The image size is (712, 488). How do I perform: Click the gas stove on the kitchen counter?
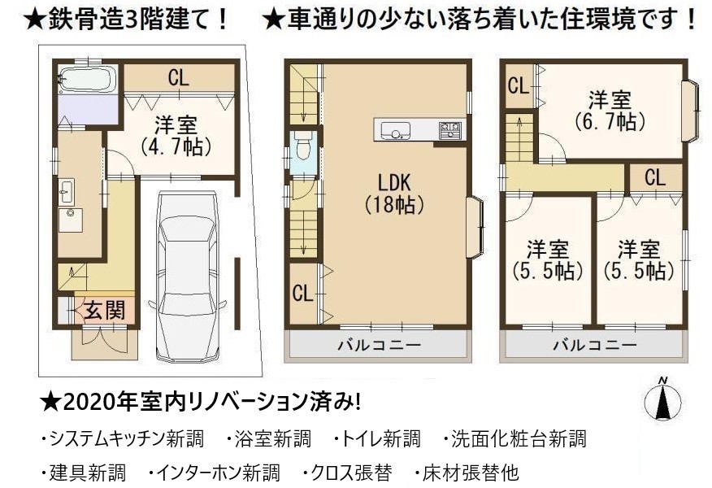tap(450, 130)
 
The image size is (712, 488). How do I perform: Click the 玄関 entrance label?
tap(106, 311)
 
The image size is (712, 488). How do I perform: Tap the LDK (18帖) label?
tap(394, 194)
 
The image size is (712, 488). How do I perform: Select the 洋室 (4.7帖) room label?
tap(176, 136)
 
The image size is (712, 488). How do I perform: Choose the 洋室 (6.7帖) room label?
tap(610, 111)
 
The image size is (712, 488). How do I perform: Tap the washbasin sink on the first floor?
tap(67, 191)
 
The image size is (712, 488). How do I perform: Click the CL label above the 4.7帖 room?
tap(179, 78)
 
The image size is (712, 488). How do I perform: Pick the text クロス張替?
tap(351, 473)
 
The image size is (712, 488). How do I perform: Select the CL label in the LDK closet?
tap(303, 293)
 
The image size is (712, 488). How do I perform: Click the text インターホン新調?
tap(218, 473)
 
